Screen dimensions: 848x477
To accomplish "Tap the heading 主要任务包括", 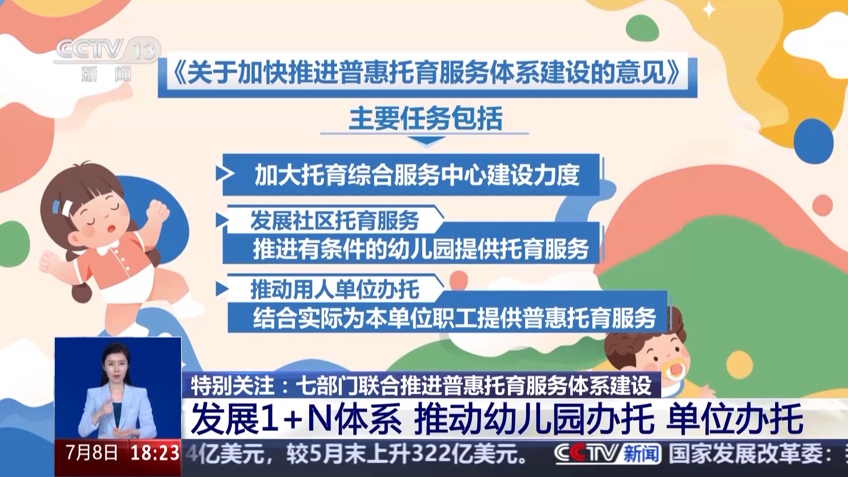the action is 426,118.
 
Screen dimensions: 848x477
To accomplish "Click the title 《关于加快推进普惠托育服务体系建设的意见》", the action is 427,72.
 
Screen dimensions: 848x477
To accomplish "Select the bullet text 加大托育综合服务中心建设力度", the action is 416,175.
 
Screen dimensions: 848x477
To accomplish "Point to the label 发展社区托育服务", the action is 334,220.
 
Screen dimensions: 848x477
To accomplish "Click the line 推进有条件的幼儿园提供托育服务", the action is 421,249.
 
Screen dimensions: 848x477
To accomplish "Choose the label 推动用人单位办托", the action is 334,289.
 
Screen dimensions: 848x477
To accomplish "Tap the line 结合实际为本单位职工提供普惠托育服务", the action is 454,318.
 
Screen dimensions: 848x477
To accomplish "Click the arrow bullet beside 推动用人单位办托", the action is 222,289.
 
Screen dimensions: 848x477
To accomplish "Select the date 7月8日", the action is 91,453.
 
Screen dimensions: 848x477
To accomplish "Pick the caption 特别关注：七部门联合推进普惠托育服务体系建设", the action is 421,385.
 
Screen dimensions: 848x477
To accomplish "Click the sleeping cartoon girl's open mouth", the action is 112,229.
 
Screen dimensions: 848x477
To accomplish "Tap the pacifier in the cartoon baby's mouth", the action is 675,370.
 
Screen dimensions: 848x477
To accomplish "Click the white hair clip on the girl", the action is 63,207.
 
